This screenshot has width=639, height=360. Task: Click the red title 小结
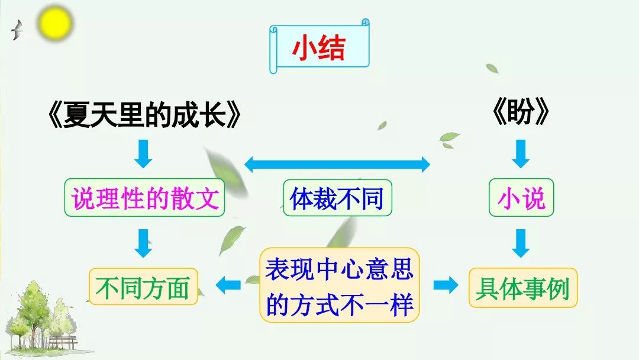pos(318,50)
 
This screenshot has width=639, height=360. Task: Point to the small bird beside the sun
pos(18,30)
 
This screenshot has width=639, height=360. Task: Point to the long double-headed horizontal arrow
pos(337,164)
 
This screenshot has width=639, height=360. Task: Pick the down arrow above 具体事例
pos(521,243)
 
